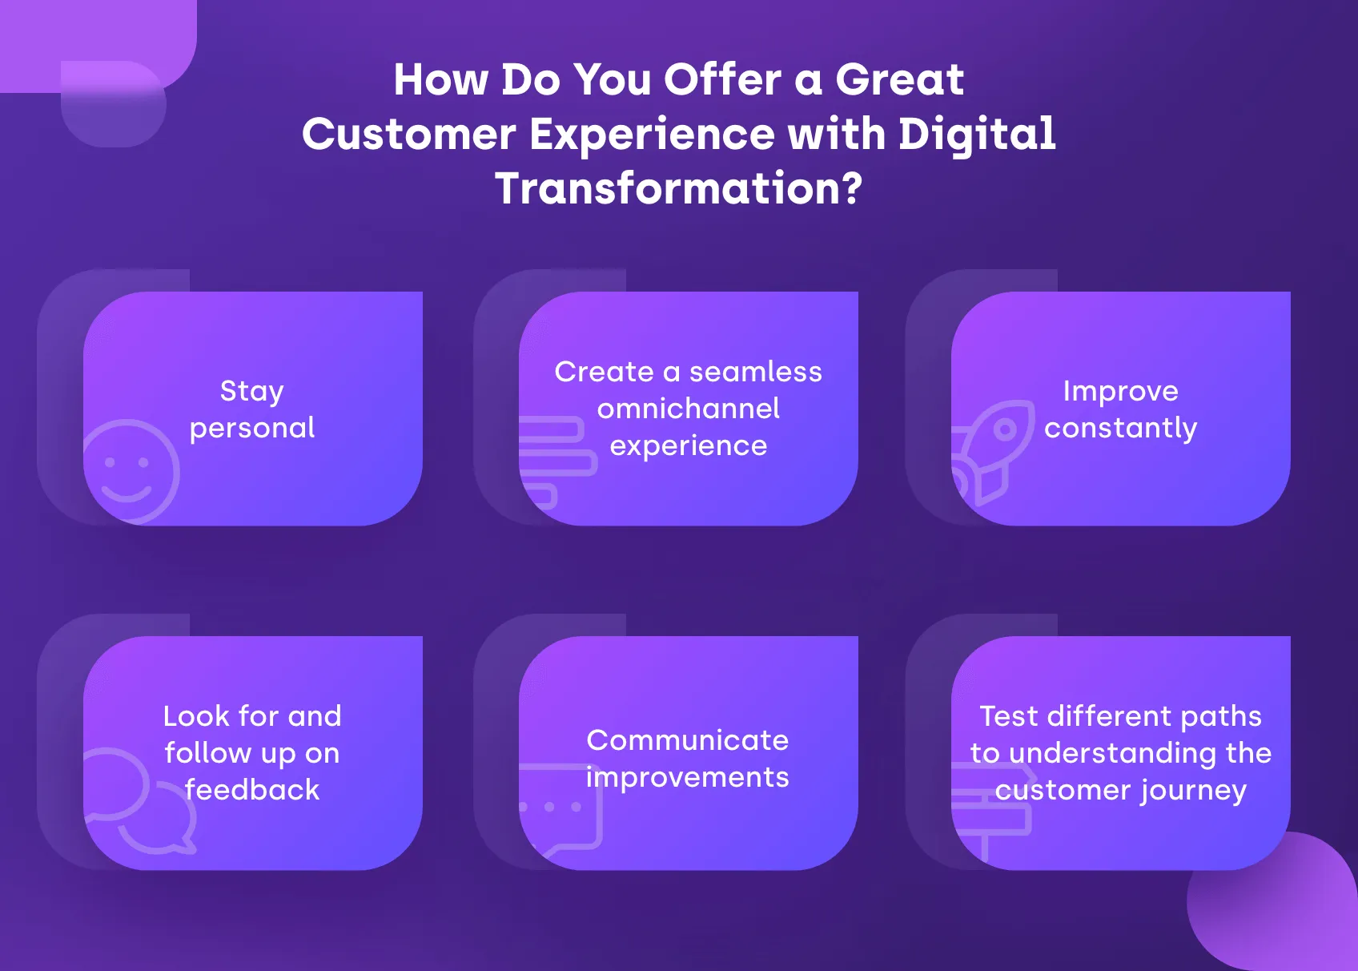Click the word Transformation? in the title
point(678,189)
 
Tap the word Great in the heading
point(899,80)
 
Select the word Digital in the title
point(977,135)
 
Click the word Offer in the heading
point(722,80)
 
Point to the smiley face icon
point(130,471)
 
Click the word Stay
point(251,392)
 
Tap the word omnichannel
point(688,409)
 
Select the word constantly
point(1120,429)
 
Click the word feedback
point(252,790)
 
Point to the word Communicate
point(687,740)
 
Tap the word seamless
point(755,372)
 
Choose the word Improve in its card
point(1120,391)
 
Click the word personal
point(252,429)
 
